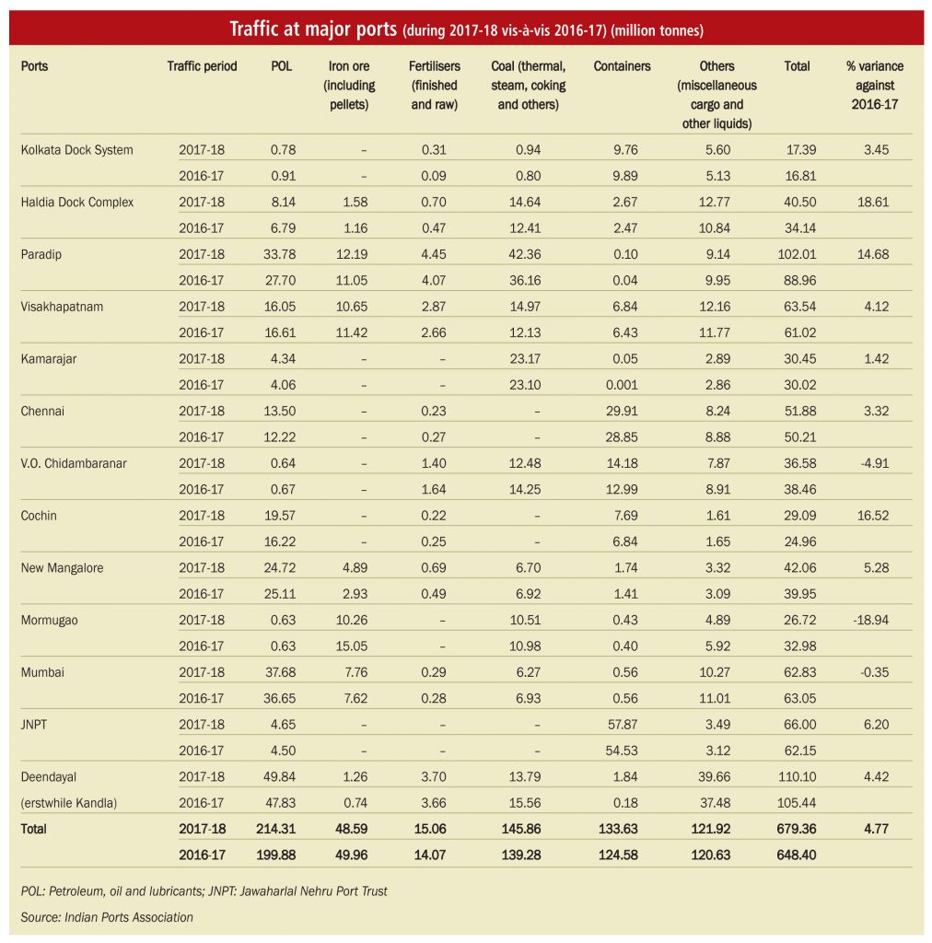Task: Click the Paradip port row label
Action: [41, 254]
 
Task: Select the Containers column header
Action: [622, 66]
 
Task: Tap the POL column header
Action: [282, 66]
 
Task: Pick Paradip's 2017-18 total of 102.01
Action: [797, 254]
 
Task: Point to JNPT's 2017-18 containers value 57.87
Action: [623, 725]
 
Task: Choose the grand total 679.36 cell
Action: [796, 829]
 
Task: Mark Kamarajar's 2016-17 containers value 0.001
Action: [622, 385]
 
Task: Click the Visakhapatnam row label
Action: [62, 307]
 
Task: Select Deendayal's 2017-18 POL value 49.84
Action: [280, 777]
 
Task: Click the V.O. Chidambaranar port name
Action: [74, 464]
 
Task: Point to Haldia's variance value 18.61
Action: [873, 202]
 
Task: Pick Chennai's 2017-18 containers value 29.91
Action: [623, 412]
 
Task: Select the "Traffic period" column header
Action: [202, 66]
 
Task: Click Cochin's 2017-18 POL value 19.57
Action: [280, 516]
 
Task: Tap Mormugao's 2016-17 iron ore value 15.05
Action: [352, 646]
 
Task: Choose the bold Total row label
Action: [33, 829]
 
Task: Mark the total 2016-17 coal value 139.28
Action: [521, 856]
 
